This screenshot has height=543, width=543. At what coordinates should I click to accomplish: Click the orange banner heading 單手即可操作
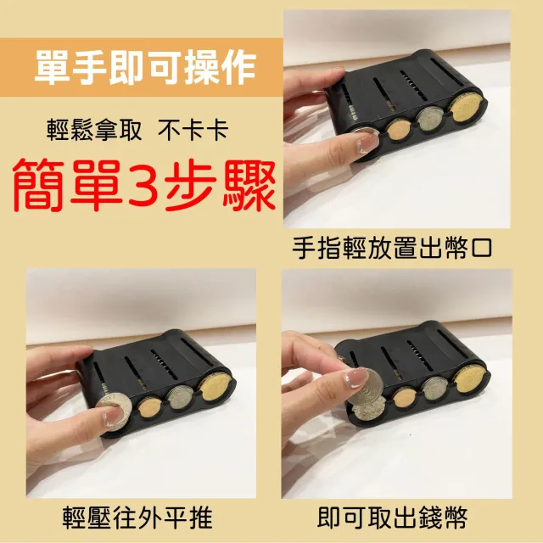[x=145, y=67]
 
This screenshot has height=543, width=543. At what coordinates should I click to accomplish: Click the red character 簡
[x=39, y=185]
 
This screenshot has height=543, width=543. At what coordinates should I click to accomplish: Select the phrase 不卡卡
[x=193, y=131]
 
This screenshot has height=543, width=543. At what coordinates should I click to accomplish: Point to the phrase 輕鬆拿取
[x=94, y=131]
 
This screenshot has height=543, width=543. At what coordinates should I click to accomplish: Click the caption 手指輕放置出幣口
[x=392, y=248]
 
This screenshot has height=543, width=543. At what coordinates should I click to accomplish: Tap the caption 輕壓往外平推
[x=137, y=518]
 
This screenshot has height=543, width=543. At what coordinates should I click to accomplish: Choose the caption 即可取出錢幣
[x=392, y=518]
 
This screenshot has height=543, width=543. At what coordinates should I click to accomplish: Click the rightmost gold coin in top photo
[x=465, y=109]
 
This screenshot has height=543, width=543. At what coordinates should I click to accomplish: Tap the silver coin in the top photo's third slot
[x=431, y=120]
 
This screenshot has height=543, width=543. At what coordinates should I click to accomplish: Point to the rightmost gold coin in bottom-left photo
[x=215, y=389]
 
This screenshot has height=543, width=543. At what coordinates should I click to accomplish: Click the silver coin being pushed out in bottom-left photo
[x=115, y=412]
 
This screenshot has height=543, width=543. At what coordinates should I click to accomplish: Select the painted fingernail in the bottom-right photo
[x=355, y=378]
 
